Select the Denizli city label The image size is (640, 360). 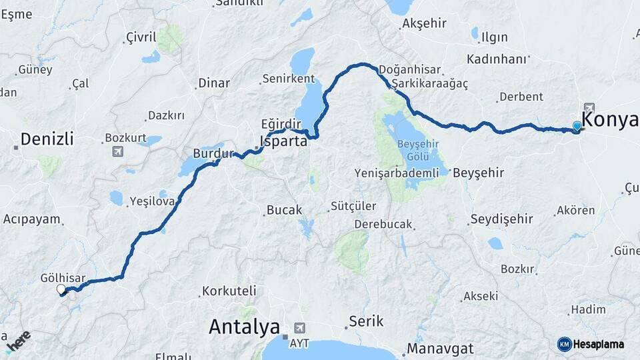click(x=47, y=139)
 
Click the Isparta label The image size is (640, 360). click(x=283, y=141)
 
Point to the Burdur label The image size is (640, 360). click(x=213, y=153)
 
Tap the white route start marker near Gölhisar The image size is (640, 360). click(x=61, y=289)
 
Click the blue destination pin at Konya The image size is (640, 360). click(x=577, y=125)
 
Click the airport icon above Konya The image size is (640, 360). click(x=589, y=107)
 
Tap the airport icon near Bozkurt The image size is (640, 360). click(x=118, y=151)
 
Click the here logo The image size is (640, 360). click(x=18, y=340)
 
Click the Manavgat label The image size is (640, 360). click(x=440, y=348)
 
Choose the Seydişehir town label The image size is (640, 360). click(x=501, y=219)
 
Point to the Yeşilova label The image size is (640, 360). click(x=152, y=201)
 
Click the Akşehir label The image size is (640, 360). click(x=423, y=23)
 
